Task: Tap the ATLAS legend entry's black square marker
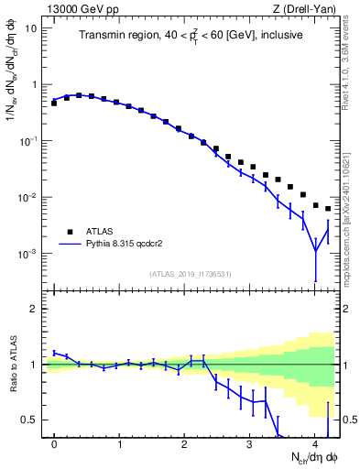(68, 232)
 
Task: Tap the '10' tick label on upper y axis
(31, 27)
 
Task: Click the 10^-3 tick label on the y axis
(29, 254)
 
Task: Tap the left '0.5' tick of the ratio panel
(31, 420)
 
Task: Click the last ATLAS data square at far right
(328, 209)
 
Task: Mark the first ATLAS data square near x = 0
(54, 104)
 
